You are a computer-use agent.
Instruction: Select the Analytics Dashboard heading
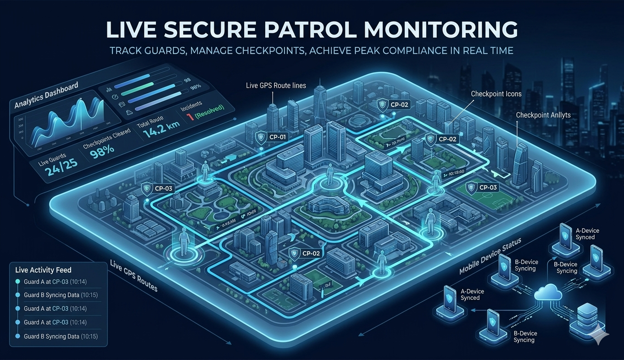(x=46, y=95)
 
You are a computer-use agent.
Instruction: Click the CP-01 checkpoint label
(x=275, y=136)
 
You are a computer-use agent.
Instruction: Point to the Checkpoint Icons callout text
(x=496, y=94)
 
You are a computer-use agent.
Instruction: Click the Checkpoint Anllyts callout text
(x=543, y=115)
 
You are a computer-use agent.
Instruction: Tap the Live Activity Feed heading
(x=43, y=270)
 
